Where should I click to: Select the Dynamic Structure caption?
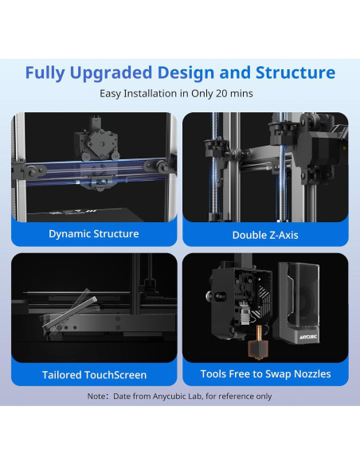[94, 233]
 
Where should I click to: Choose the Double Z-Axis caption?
[265, 235]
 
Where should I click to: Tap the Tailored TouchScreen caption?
[94, 374]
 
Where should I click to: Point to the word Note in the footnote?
[98, 396]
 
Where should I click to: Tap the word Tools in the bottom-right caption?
[214, 373]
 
